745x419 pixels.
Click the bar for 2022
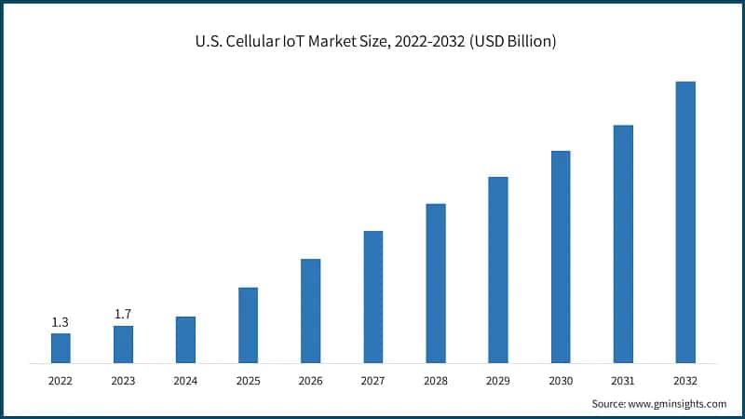tap(61, 347)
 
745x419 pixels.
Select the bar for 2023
tap(123, 344)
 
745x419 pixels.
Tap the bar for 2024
tap(185, 339)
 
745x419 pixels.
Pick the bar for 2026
tap(310, 310)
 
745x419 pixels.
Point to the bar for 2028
tap(436, 282)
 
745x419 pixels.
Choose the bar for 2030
tap(561, 256)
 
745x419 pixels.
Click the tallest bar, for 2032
tap(685, 222)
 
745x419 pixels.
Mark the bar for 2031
tap(623, 243)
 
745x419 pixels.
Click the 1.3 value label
tap(61, 322)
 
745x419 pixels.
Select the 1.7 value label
tap(123, 315)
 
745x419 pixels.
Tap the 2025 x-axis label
tap(248, 381)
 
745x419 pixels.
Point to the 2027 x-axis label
tap(372, 381)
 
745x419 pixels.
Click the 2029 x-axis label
tap(498, 381)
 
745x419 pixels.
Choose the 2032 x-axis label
tap(685, 381)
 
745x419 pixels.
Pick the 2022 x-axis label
tap(61, 381)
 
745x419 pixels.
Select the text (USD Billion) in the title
tap(513, 43)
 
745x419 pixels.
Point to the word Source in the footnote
tap(610, 403)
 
